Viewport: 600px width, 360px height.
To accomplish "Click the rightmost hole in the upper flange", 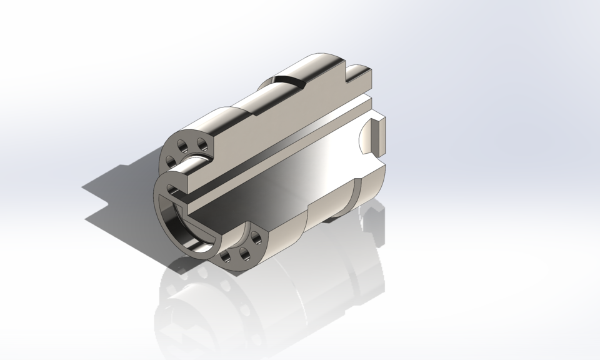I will pos(202,146).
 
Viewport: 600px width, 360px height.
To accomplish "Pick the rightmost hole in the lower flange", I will pos(256,238).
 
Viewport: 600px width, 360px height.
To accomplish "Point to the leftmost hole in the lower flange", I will pos(226,256).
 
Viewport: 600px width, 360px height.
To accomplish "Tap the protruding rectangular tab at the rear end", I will pos(381,135).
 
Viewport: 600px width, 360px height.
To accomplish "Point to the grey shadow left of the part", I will pos(119,187).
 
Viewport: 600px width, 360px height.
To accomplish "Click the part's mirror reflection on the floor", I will pos(262,300).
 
